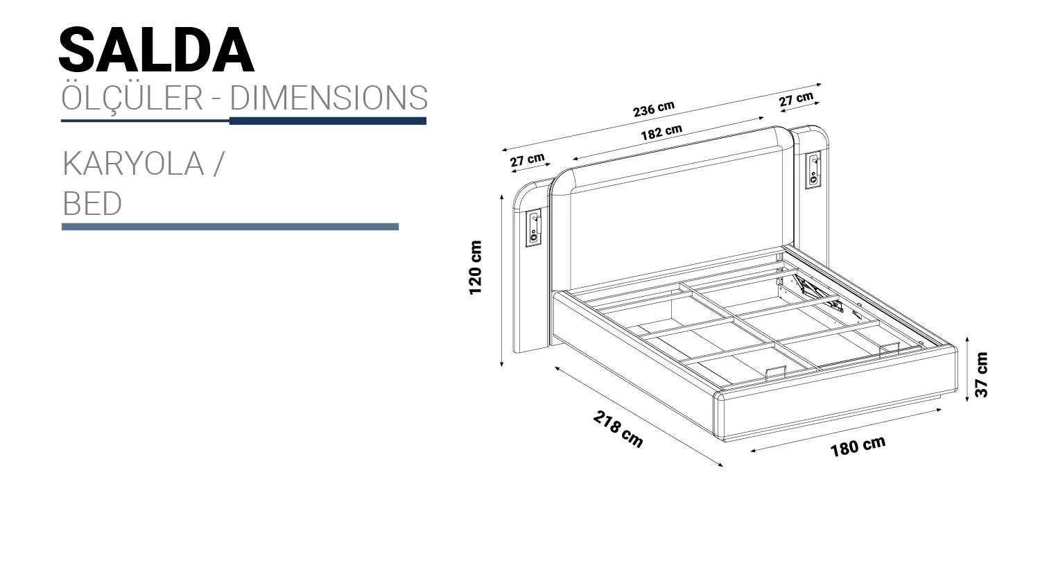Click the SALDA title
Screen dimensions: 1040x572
[157, 50]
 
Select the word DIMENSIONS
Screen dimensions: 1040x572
[329, 98]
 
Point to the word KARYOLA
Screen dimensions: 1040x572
[133, 164]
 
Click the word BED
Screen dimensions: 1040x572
[92, 203]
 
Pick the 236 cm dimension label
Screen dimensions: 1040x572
[654, 109]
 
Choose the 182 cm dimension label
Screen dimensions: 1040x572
[661, 132]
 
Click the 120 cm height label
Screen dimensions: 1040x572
[476, 268]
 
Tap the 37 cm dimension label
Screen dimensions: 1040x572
[982, 374]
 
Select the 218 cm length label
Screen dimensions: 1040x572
[618, 429]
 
